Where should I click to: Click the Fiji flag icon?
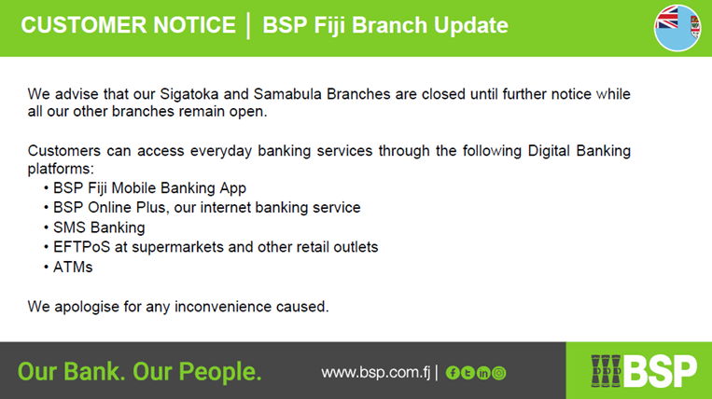tap(677, 28)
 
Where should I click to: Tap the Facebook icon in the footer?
tap(453, 373)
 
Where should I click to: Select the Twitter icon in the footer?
tap(468, 373)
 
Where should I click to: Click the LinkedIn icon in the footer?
tap(483, 373)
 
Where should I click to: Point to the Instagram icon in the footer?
tap(498, 373)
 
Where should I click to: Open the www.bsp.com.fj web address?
tap(375, 373)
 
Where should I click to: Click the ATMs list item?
tap(73, 267)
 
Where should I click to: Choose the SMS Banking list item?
tap(99, 227)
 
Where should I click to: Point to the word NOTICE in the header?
tap(194, 25)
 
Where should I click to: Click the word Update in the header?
tap(471, 25)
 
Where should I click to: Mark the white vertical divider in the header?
tap(248, 26)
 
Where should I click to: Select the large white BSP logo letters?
tap(661, 371)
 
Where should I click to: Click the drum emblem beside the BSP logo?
tap(606, 371)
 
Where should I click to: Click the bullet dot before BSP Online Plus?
tap(47, 208)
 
